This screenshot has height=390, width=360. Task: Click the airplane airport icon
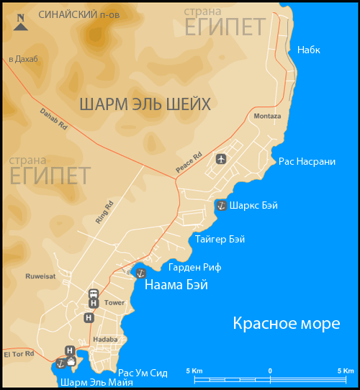(220, 158)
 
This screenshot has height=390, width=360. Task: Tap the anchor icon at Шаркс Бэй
(220, 206)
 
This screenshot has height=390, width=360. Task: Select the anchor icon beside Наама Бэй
(141, 273)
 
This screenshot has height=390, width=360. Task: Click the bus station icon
(94, 294)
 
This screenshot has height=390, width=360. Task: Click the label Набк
(308, 50)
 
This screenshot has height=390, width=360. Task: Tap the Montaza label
(267, 116)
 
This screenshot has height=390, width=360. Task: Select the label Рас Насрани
(307, 162)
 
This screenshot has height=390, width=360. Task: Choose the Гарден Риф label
(194, 267)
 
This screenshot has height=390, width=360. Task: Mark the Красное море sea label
(286, 324)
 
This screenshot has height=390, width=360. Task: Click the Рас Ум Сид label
(143, 373)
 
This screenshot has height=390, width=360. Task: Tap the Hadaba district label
(105, 340)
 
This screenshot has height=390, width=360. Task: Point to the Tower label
(114, 304)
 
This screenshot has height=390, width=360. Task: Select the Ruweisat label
(39, 273)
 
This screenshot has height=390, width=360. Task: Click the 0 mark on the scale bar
(270, 371)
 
